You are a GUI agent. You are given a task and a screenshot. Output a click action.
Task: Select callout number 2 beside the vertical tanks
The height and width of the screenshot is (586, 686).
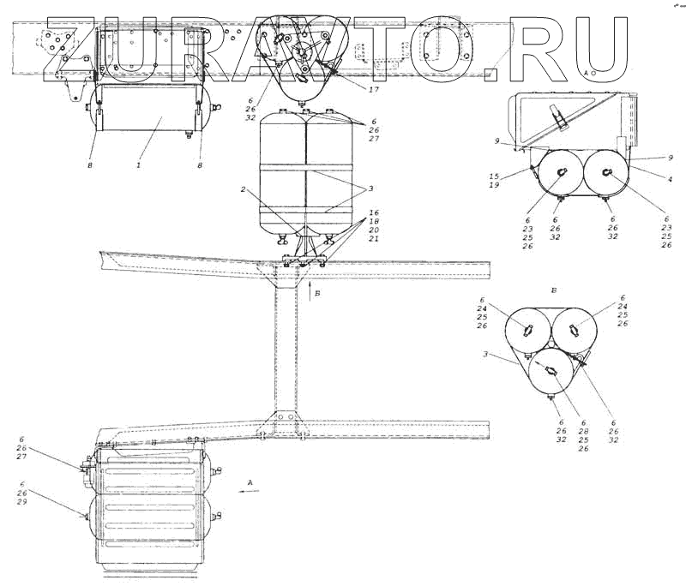tap(243, 188)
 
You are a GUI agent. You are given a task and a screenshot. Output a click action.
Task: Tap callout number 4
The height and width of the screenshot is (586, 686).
tap(669, 179)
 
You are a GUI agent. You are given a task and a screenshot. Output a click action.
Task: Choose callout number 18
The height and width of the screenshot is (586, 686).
tap(372, 221)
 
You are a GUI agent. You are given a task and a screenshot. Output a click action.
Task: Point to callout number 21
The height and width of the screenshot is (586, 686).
tap(372, 239)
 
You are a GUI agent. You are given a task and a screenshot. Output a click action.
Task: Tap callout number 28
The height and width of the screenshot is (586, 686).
tap(584, 430)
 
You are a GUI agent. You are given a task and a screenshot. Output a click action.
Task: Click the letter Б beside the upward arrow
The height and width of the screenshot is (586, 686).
tap(319, 293)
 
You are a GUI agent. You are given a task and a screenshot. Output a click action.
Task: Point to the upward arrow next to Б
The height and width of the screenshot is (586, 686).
tap(310, 290)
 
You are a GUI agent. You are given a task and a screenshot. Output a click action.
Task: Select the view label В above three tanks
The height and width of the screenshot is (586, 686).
tap(554, 291)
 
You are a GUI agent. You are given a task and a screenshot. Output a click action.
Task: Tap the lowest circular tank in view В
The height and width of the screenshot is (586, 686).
tap(549, 371)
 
